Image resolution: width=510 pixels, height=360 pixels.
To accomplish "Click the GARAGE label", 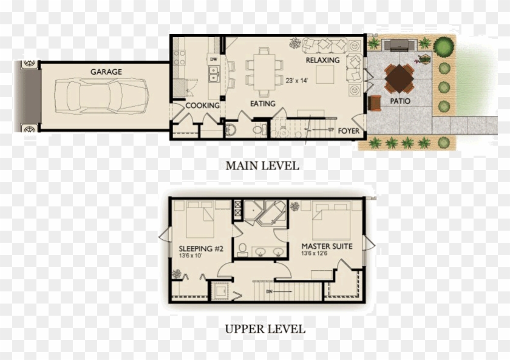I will tap(106, 72).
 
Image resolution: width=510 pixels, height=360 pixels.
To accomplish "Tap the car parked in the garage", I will tap(101, 96).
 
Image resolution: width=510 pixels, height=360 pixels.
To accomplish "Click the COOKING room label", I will tap(202, 106).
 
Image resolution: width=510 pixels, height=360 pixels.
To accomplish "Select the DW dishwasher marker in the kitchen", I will tap(213, 59).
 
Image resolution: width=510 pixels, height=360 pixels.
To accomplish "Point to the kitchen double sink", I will tap(214, 75).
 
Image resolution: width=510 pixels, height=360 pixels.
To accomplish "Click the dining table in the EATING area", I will tap(264, 72).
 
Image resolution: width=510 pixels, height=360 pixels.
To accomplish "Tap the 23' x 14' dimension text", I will tap(297, 80).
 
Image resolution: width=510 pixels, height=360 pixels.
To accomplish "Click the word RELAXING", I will tap(322, 61).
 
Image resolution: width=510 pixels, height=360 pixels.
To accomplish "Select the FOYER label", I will tap(348, 131).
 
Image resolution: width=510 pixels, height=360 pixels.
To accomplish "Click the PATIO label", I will tap(399, 101).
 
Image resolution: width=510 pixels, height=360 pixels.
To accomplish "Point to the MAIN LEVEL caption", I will tap(262, 165).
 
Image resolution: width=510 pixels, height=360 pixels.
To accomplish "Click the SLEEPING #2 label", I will tap(195, 249).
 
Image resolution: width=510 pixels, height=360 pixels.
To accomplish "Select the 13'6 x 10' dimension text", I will tap(190, 256).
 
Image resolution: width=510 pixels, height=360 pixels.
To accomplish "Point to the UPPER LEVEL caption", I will tap(265, 330).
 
